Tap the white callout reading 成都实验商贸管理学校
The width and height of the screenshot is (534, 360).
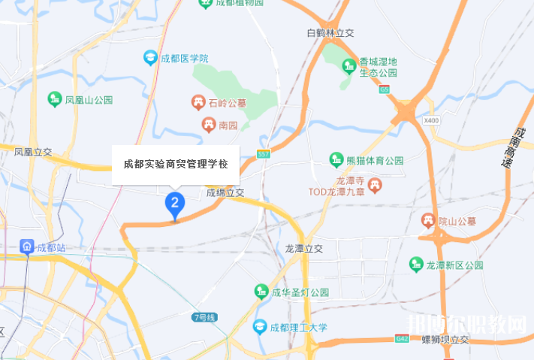(x=176, y=163)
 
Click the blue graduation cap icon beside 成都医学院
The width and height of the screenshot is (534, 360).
(x=150, y=58)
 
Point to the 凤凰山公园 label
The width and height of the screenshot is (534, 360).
(x=89, y=99)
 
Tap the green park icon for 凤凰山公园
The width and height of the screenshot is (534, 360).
(x=54, y=98)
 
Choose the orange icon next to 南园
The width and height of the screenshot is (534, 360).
(x=207, y=125)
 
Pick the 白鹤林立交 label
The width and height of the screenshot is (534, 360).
(x=331, y=32)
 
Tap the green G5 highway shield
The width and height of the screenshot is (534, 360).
(x=385, y=89)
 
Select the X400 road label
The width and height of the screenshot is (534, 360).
(x=431, y=120)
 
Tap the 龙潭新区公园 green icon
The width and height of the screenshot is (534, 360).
(x=415, y=265)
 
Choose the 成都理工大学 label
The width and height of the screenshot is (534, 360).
(x=300, y=327)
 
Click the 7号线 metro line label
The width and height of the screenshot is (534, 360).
(x=204, y=317)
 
